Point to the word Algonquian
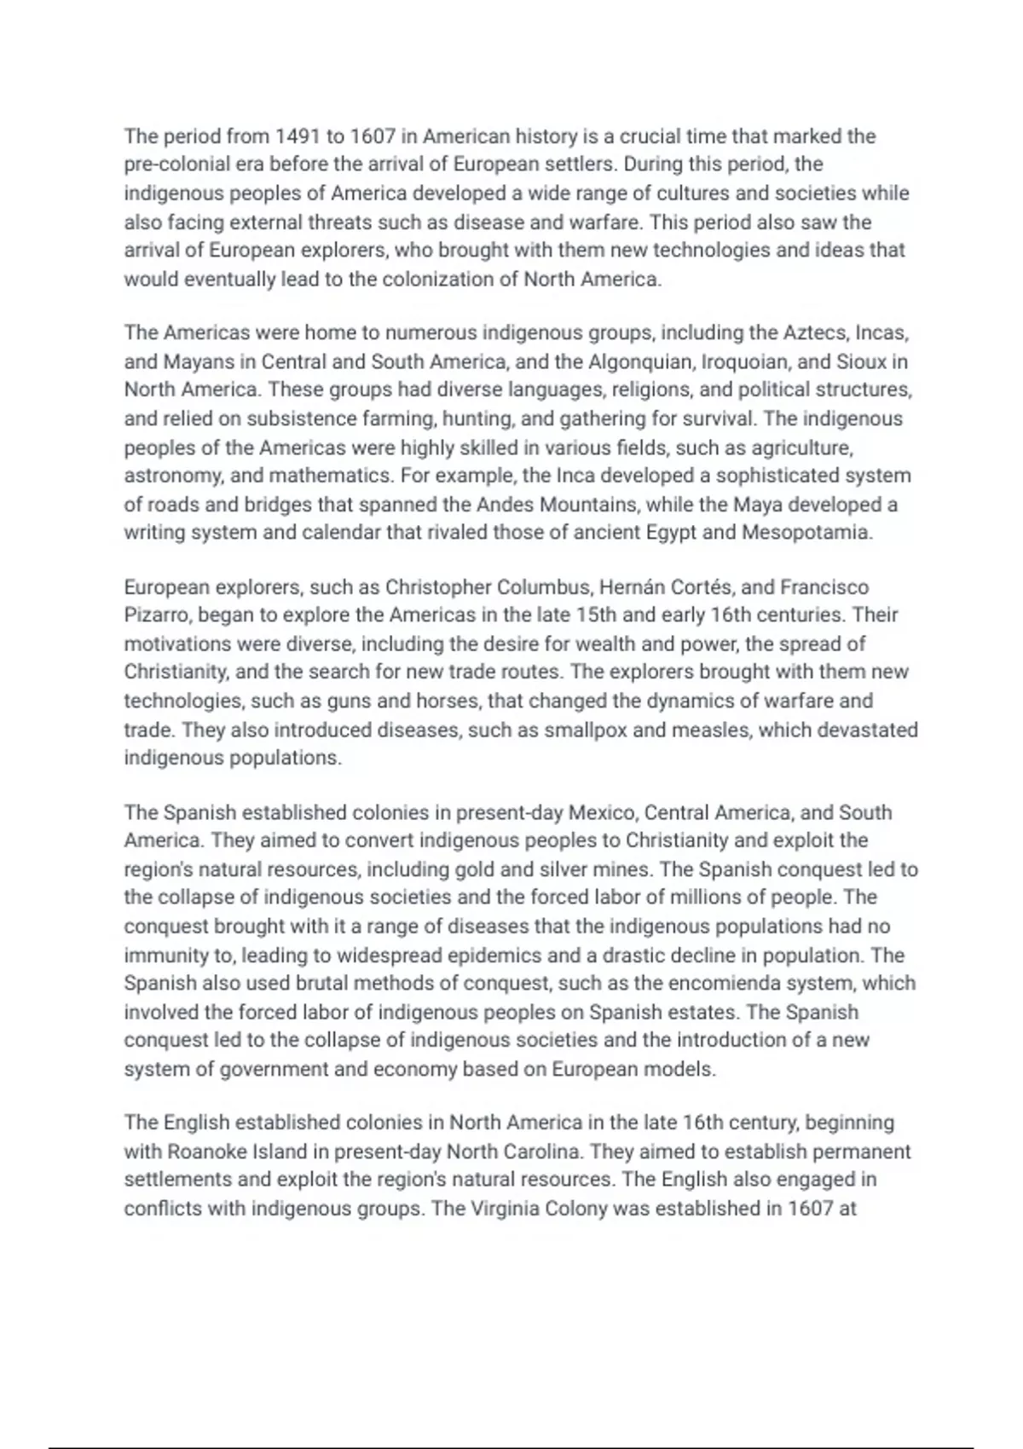[641, 361]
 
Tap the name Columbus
[544, 587]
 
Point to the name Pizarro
[158, 615]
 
